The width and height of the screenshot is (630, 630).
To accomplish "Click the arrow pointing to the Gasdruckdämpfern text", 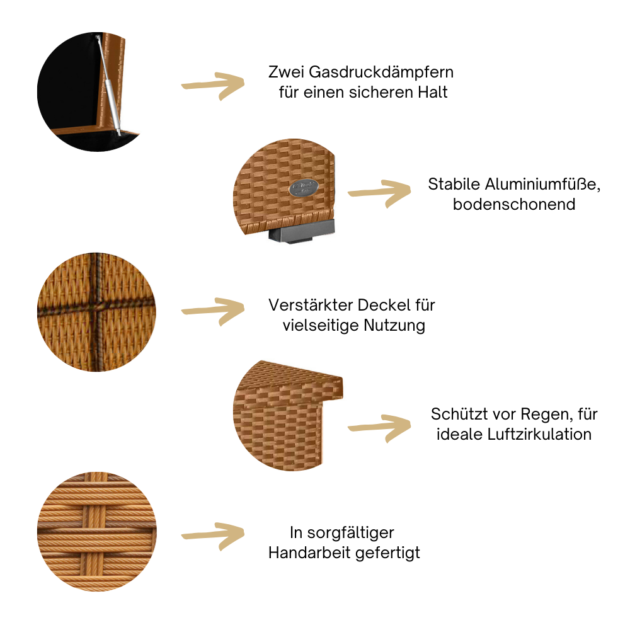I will coord(213,86).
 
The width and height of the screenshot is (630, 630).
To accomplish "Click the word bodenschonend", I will coord(513,205).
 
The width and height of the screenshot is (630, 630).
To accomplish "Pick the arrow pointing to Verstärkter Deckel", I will coord(213,311).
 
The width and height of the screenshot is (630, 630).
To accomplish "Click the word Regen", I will coord(546,415).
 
